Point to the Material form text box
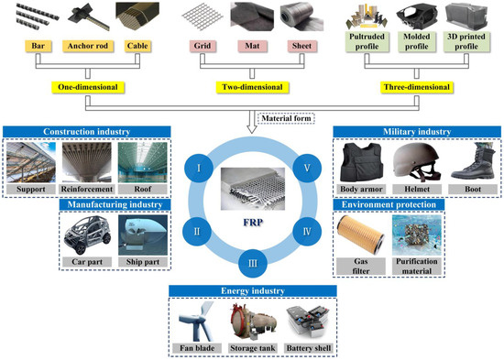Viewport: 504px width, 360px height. click(285, 117)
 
